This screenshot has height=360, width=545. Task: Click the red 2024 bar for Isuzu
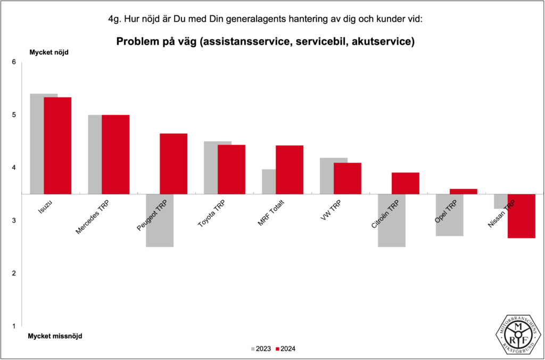click(57, 145)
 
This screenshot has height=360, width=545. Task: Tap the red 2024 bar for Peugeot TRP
click(174, 163)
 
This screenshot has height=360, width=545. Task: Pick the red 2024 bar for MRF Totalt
click(290, 169)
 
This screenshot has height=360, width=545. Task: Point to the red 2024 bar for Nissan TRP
click(522, 216)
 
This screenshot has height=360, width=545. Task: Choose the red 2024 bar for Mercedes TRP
click(115, 154)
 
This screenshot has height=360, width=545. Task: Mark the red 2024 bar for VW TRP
click(348, 178)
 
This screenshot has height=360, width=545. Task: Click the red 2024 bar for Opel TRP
click(464, 191)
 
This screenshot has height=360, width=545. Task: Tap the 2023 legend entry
click(260, 349)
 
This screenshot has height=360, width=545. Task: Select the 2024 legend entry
click(285, 349)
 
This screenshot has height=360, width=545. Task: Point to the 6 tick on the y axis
click(14, 62)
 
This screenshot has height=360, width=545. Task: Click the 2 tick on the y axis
click(14, 273)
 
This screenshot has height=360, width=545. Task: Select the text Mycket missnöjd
click(55, 336)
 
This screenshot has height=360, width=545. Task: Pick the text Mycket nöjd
click(48, 52)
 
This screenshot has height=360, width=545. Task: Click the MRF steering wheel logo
click(518, 334)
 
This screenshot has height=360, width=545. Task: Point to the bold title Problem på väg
click(265, 42)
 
